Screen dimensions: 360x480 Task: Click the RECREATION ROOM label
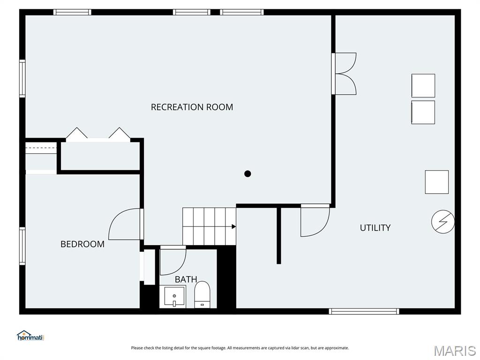point(192,107)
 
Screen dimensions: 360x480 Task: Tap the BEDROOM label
point(82,244)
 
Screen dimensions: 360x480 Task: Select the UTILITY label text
point(375,228)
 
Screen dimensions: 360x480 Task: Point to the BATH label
point(186,279)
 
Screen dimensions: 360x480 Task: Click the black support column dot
point(247,174)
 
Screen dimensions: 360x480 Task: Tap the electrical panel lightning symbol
point(443,222)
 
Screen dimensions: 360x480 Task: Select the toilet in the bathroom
point(202,295)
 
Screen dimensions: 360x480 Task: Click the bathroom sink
point(175,297)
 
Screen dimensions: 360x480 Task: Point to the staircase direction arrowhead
point(233,227)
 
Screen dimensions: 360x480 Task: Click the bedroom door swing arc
point(123,225)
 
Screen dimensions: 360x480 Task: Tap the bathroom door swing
point(172,262)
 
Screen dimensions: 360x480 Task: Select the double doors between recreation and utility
point(345,74)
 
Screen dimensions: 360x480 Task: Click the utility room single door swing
point(315,222)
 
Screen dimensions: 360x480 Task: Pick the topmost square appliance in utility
point(423,86)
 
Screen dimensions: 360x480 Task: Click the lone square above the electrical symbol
point(436,182)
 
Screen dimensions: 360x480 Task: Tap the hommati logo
point(30,336)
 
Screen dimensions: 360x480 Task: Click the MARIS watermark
point(454,351)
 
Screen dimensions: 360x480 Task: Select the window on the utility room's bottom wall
point(364,311)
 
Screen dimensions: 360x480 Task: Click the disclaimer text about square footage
point(240,348)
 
